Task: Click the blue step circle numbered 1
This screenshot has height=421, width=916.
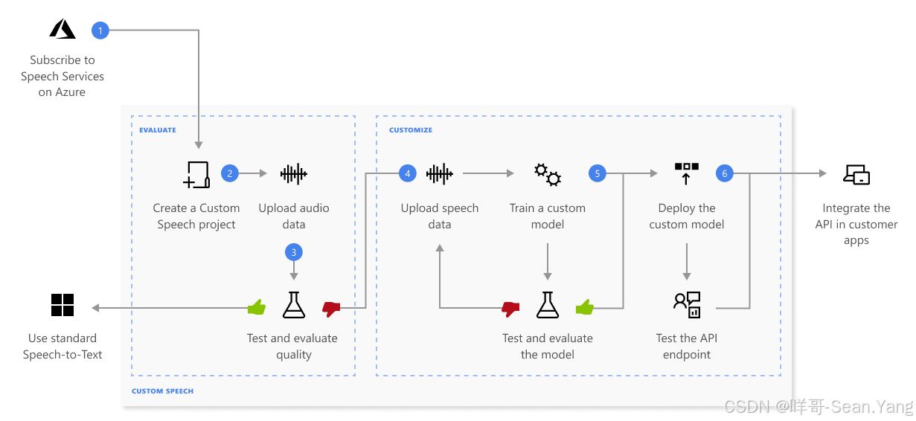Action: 100,30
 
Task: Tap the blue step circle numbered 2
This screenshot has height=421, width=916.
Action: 230,173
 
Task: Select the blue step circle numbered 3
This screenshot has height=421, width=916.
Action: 294,252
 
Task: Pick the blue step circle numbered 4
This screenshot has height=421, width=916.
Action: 406,173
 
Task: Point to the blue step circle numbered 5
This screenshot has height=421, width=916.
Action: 597,173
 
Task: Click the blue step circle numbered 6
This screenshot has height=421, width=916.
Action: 724,173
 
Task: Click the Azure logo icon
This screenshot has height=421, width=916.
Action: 63,29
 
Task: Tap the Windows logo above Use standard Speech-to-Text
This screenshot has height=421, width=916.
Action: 63,305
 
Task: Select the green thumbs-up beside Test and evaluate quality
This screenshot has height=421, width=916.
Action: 257,306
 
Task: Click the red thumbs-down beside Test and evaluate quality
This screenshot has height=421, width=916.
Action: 330,306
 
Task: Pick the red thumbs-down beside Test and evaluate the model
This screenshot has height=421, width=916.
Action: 510,306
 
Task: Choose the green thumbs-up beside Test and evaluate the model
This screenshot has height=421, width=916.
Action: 585,306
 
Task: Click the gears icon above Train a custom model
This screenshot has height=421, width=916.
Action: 548,174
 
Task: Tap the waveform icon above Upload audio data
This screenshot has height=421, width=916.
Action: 293,174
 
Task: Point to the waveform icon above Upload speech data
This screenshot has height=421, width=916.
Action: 439,174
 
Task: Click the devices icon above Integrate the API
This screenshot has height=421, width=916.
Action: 856,175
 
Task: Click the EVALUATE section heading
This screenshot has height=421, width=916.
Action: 158,130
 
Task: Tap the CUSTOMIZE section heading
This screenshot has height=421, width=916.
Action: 411,130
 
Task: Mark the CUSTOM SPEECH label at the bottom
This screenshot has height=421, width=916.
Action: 162,391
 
